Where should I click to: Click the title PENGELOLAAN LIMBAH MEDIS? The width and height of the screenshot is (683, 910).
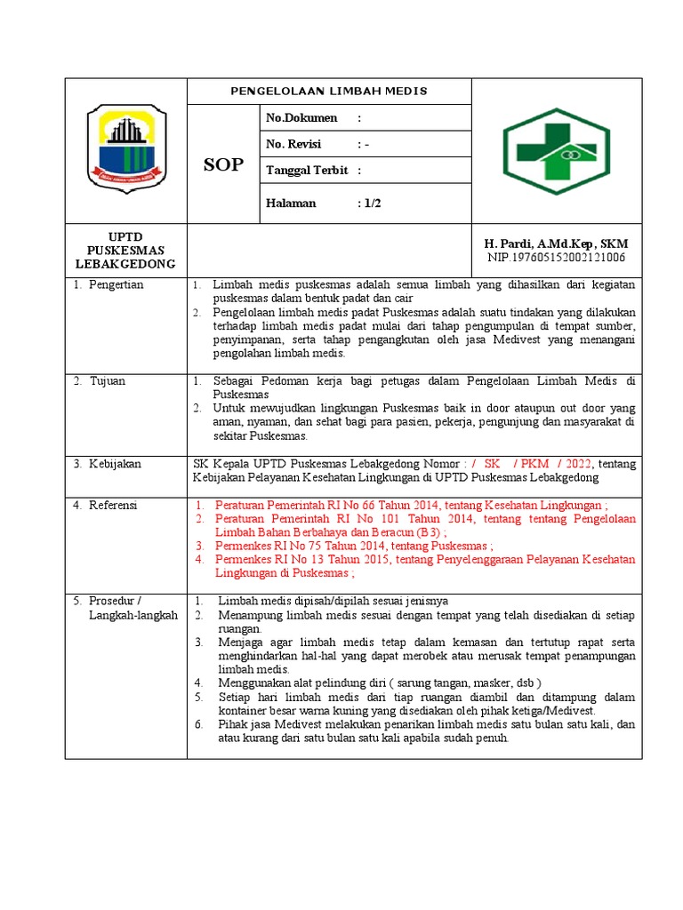pos(329,92)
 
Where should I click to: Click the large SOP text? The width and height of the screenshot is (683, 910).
pos(223,164)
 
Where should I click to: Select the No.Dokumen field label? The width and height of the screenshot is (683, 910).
pos(301,118)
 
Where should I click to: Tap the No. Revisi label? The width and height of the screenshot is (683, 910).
pos(293,144)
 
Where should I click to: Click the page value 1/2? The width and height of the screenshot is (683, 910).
pos(370,203)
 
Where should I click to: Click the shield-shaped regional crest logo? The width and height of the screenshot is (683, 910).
pos(125,148)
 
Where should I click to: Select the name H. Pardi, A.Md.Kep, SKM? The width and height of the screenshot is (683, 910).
pos(555,243)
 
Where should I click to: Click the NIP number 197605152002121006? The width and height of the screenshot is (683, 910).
pos(556,258)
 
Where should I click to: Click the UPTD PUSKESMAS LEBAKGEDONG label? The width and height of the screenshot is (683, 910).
pos(125,251)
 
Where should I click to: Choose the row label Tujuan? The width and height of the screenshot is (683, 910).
pos(107,381)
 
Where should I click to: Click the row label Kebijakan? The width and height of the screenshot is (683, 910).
pos(114,464)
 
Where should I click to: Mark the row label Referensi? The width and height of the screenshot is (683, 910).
pos(113,505)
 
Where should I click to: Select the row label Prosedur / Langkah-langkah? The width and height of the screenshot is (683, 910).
pos(125,608)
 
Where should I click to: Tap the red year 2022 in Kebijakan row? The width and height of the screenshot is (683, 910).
pos(577,464)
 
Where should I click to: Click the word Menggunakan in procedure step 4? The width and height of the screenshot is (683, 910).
pos(258,682)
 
